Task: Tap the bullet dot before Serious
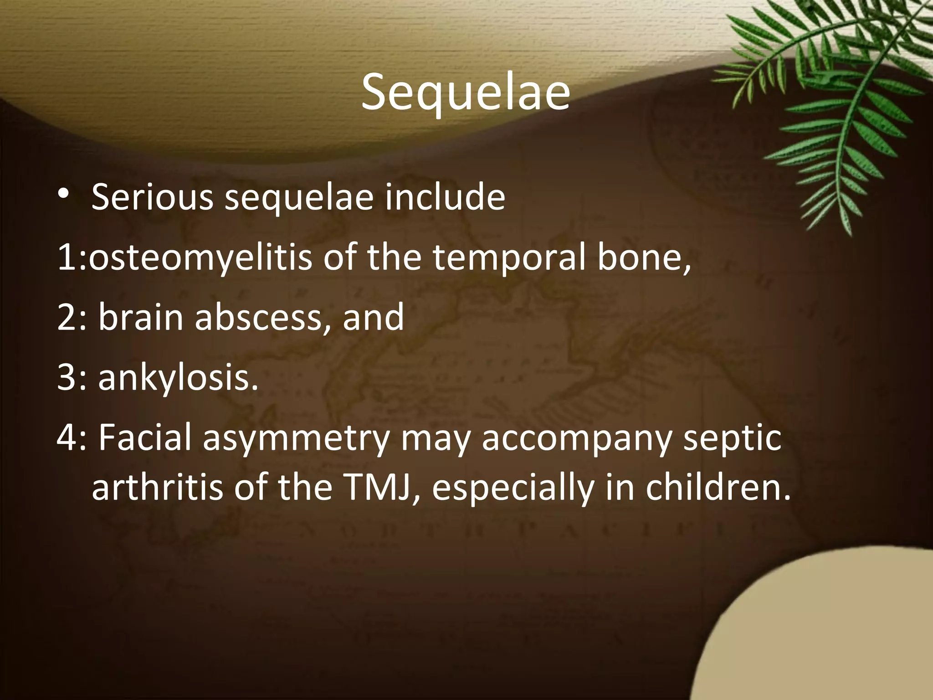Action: pos(64,194)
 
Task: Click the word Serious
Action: pos(152,198)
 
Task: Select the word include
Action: pos(445,198)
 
